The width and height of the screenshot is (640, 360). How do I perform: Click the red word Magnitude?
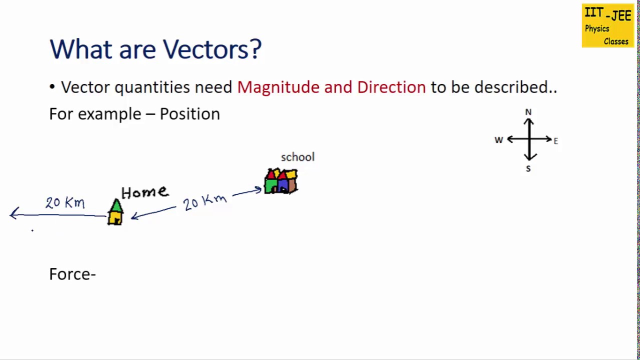click(278, 87)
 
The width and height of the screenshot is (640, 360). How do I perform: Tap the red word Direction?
click(391, 87)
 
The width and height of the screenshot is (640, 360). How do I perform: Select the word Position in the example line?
click(189, 114)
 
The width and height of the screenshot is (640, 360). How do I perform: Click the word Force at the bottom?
click(70, 274)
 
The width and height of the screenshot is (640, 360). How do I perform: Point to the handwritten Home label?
click(144, 192)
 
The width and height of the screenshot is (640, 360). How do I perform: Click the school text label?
click(297, 157)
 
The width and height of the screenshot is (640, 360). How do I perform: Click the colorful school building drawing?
click(281, 181)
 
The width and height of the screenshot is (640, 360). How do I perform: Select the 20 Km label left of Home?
click(65, 202)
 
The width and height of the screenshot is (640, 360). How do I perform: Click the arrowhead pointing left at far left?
click(13, 214)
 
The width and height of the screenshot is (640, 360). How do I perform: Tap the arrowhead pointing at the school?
click(258, 189)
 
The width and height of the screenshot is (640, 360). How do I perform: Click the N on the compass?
click(528, 112)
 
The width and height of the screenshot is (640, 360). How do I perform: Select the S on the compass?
click(528, 169)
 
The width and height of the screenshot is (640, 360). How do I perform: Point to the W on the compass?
click(498, 140)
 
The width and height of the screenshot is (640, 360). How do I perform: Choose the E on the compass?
click(555, 141)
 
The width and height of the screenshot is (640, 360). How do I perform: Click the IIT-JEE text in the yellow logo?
click(607, 14)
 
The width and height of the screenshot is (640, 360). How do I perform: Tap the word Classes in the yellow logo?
click(615, 41)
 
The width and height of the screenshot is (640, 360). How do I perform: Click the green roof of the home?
click(116, 205)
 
